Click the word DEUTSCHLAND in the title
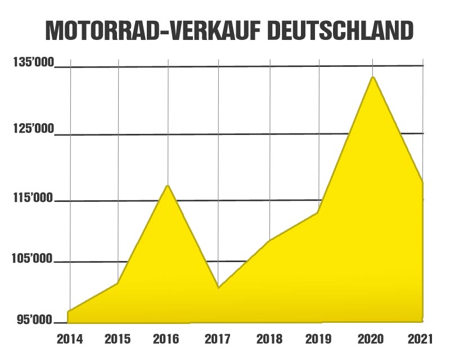click(340, 31)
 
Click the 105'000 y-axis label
click(34, 259)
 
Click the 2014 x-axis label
click(70, 340)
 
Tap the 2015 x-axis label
click(118, 340)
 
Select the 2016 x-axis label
click(166, 340)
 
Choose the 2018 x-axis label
click(269, 340)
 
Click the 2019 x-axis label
click(318, 340)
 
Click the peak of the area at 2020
click(372, 77)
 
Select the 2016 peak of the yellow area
click(167, 186)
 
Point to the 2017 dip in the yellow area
click(218, 287)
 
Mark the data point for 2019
click(318, 213)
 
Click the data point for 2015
click(118, 283)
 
